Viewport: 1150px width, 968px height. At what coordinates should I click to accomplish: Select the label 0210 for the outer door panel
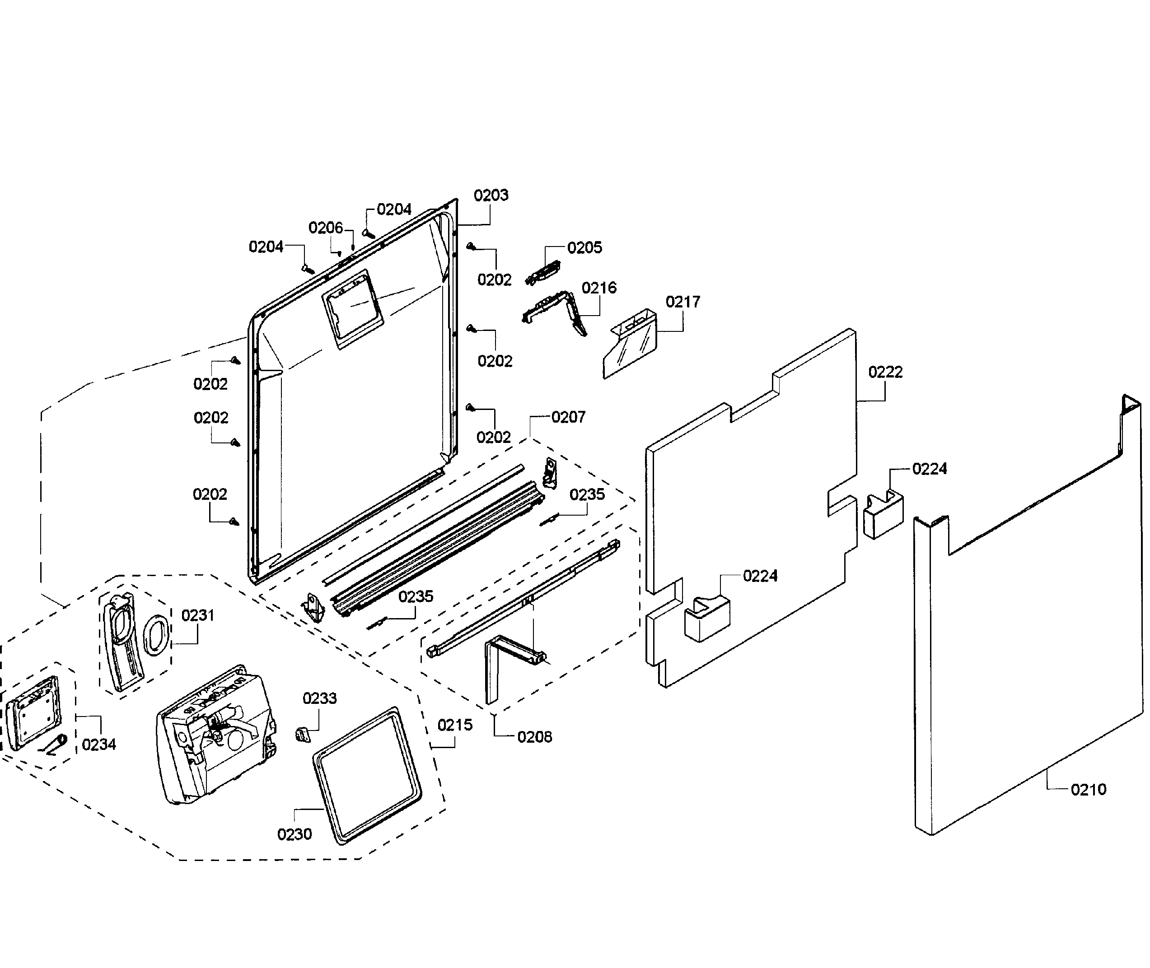[1088, 790]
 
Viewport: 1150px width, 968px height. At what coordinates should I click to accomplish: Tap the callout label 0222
[885, 372]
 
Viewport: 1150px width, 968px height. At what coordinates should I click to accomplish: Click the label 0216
[599, 288]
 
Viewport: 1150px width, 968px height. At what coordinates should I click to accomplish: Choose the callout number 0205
[584, 248]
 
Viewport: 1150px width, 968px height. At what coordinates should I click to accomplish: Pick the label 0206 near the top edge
[326, 228]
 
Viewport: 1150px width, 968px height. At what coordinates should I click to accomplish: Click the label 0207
[568, 417]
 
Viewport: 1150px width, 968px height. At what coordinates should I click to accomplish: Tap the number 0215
[454, 725]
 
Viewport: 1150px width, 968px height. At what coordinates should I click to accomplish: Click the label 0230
[294, 834]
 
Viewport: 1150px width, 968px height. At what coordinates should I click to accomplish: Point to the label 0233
[319, 698]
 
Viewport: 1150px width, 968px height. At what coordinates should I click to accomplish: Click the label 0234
[99, 744]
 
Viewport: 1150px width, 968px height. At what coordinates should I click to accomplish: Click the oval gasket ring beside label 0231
[156, 635]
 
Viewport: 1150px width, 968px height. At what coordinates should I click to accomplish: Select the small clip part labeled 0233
[303, 734]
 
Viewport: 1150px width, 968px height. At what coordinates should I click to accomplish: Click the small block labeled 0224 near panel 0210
[883, 514]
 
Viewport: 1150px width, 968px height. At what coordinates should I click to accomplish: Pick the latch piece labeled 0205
[543, 273]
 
